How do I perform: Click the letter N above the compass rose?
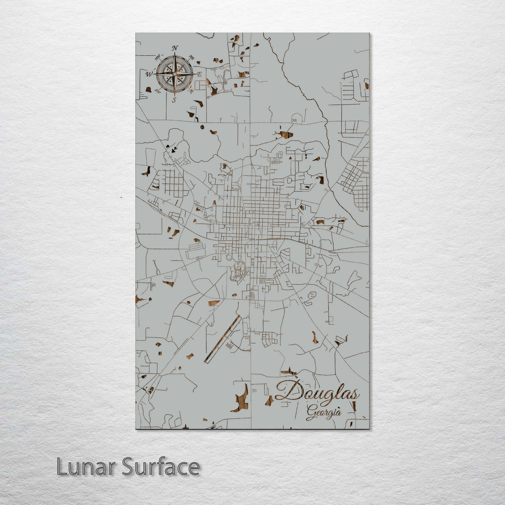point(175,48)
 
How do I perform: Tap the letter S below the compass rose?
point(174,100)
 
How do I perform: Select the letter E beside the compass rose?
point(199,74)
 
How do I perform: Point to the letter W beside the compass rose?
point(149,74)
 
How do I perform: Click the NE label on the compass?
point(191,58)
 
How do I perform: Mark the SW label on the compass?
point(158,91)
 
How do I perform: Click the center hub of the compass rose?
point(174,74)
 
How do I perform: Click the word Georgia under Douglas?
point(324,412)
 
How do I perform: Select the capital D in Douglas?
point(288,391)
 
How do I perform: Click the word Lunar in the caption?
point(86,467)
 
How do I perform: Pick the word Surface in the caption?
point(160,467)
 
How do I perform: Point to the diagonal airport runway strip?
point(223,339)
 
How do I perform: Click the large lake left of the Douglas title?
point(241,399)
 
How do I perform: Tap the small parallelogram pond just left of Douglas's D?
point(269,401)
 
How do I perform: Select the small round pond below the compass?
point(202,127)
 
